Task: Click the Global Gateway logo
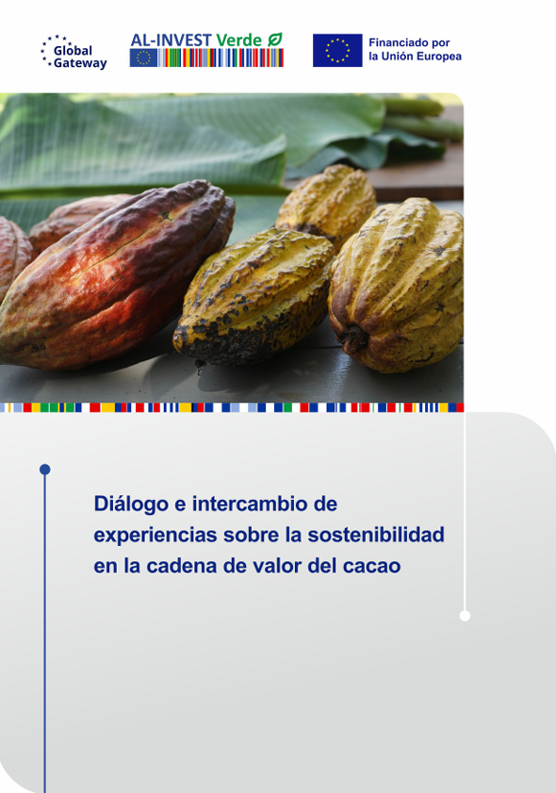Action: (74, 52)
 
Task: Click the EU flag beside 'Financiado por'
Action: (337, 50)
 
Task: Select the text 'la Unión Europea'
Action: (415, 58)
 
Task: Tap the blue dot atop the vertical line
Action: (44, 469)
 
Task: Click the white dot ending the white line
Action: (465, 616)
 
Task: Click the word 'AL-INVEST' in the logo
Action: (171, 39)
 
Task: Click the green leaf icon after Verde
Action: (274, 39)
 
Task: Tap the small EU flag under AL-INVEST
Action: (143, 58)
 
